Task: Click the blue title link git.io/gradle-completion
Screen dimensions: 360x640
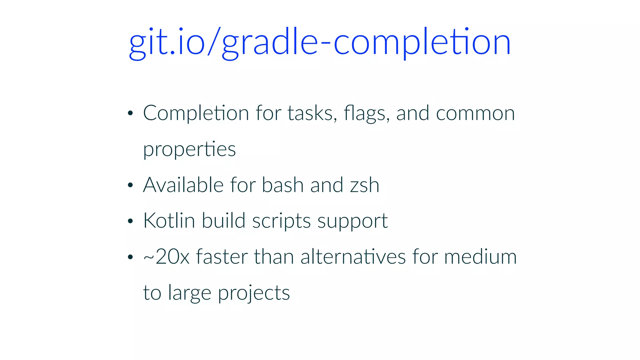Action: click(320, 42)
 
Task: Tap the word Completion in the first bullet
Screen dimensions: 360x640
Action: click(196, 113)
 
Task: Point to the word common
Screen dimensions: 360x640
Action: click(475, 113)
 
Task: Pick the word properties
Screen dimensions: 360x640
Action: click(189, 149)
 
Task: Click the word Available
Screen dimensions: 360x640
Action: click(183, 185)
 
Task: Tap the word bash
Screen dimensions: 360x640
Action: click(282, 185)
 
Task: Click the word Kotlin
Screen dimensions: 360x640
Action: click(169, 221)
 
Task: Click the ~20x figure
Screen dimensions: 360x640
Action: click(166, 257)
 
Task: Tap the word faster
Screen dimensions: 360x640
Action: click(222, 257)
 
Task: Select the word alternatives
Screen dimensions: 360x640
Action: click(353, 257)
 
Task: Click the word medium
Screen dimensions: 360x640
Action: click(480, 257)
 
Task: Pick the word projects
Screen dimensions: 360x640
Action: click(254, 293)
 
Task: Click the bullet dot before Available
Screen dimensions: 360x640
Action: click(130, 185)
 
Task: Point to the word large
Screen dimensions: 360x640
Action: click(189, 293)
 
